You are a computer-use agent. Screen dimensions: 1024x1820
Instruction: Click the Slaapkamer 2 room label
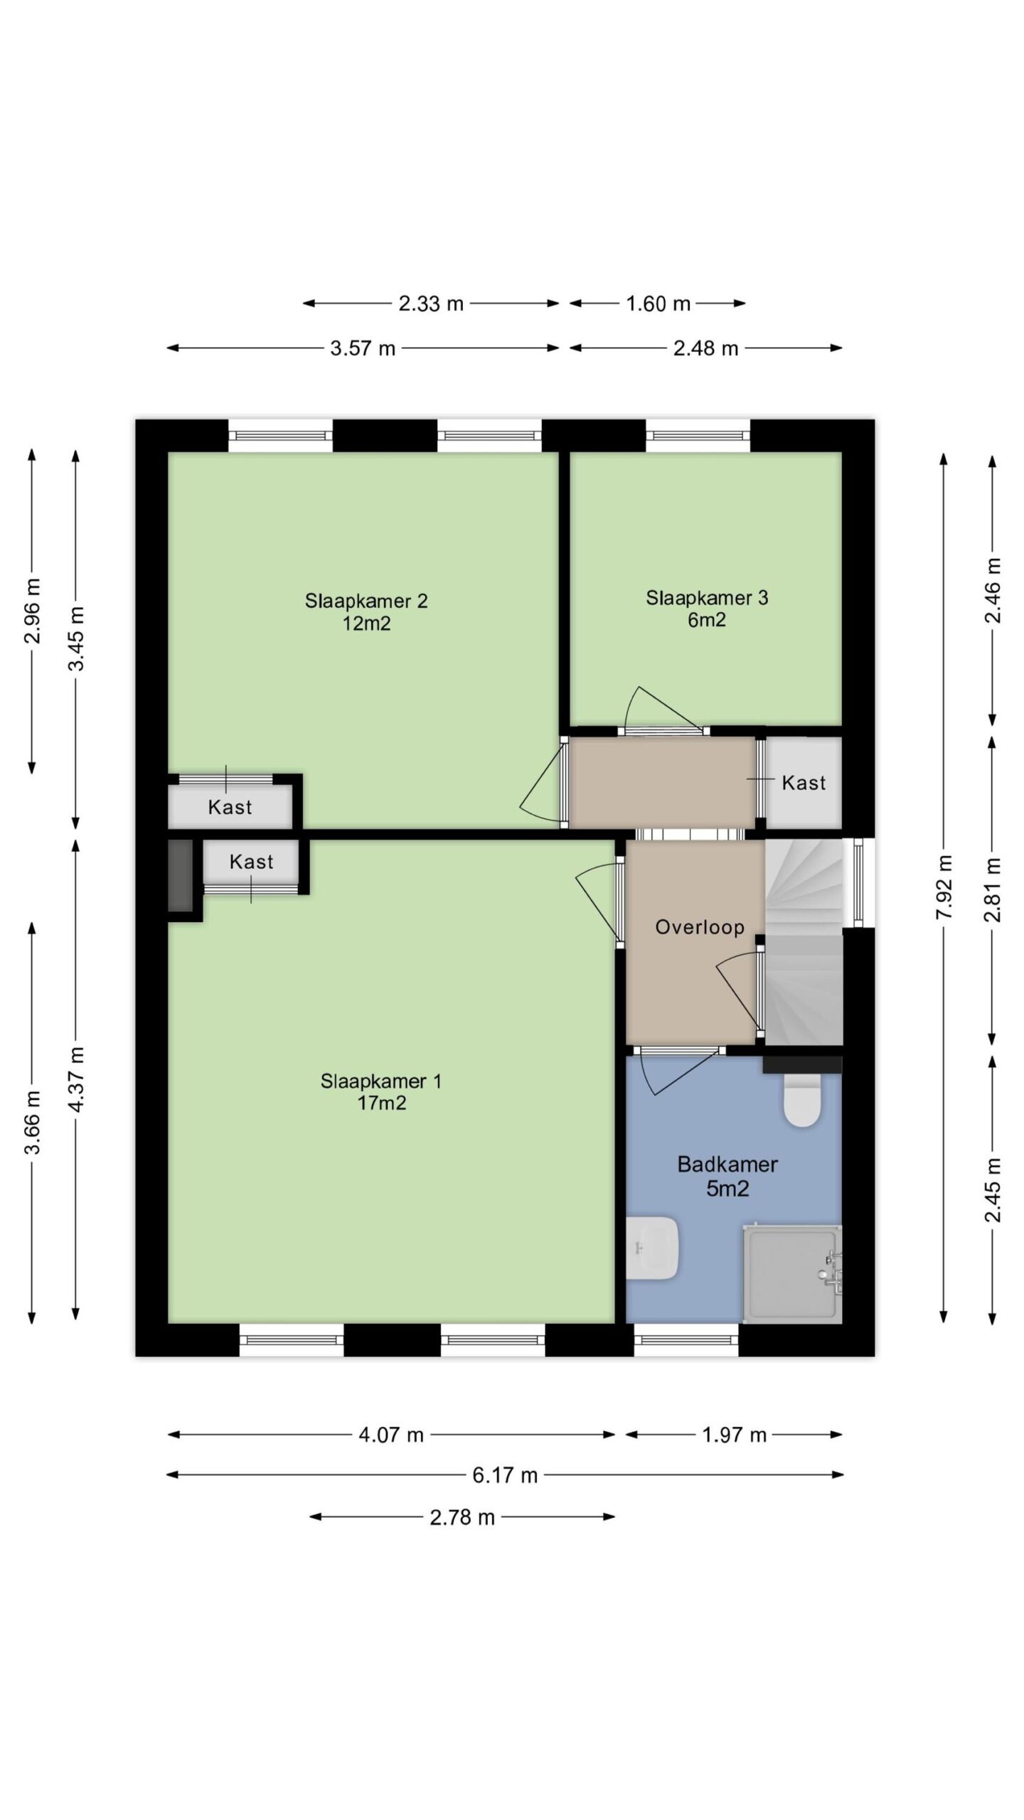tap(366, 611)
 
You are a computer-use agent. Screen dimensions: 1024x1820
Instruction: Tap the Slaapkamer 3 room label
tap(707, 609)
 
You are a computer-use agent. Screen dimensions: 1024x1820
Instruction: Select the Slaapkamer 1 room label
tap(381, 1091)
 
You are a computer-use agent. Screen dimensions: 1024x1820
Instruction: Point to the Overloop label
tap(700, 927)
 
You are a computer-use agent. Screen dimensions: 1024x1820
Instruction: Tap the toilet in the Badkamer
tap(802, 1100)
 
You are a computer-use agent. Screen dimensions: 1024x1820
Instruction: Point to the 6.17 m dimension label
tap(505, 1475)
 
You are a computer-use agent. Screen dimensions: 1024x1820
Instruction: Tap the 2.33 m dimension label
tap(431, 304)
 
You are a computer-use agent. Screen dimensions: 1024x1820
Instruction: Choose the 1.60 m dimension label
tap(658, 304)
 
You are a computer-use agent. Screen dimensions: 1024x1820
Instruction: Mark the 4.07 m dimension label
tap(391, 1435)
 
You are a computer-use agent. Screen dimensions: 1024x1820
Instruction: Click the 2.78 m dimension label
tap(462, 1517)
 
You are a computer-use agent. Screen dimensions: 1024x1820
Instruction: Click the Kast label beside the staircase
tap(804, 783)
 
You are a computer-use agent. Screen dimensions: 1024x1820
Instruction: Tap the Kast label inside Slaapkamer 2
tap(230, 807)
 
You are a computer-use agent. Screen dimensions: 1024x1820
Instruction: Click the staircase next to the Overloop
tap(804, 942)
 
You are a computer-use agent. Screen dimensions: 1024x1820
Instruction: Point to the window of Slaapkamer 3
tap(698, 436)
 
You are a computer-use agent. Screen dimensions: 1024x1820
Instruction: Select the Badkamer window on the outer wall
tap(686, 1340)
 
